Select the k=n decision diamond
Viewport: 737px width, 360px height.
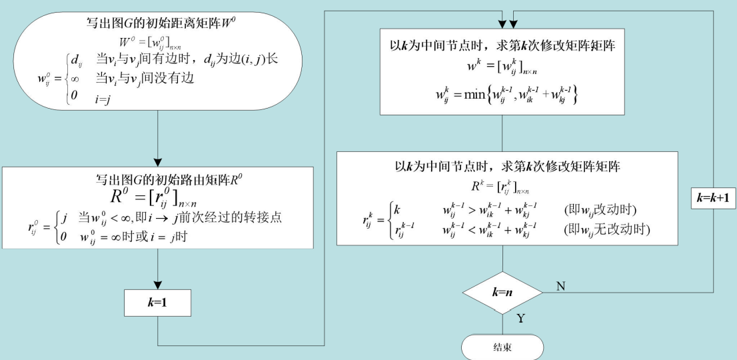click(x=503, y=292)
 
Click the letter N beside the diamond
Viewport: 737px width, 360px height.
click(x=560, y=285)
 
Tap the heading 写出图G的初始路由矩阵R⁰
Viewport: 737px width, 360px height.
click(x=158, y=179)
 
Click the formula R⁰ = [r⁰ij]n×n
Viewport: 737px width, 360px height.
click(x=158, y=197)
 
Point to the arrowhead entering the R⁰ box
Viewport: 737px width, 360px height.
click(x=158, y=161)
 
